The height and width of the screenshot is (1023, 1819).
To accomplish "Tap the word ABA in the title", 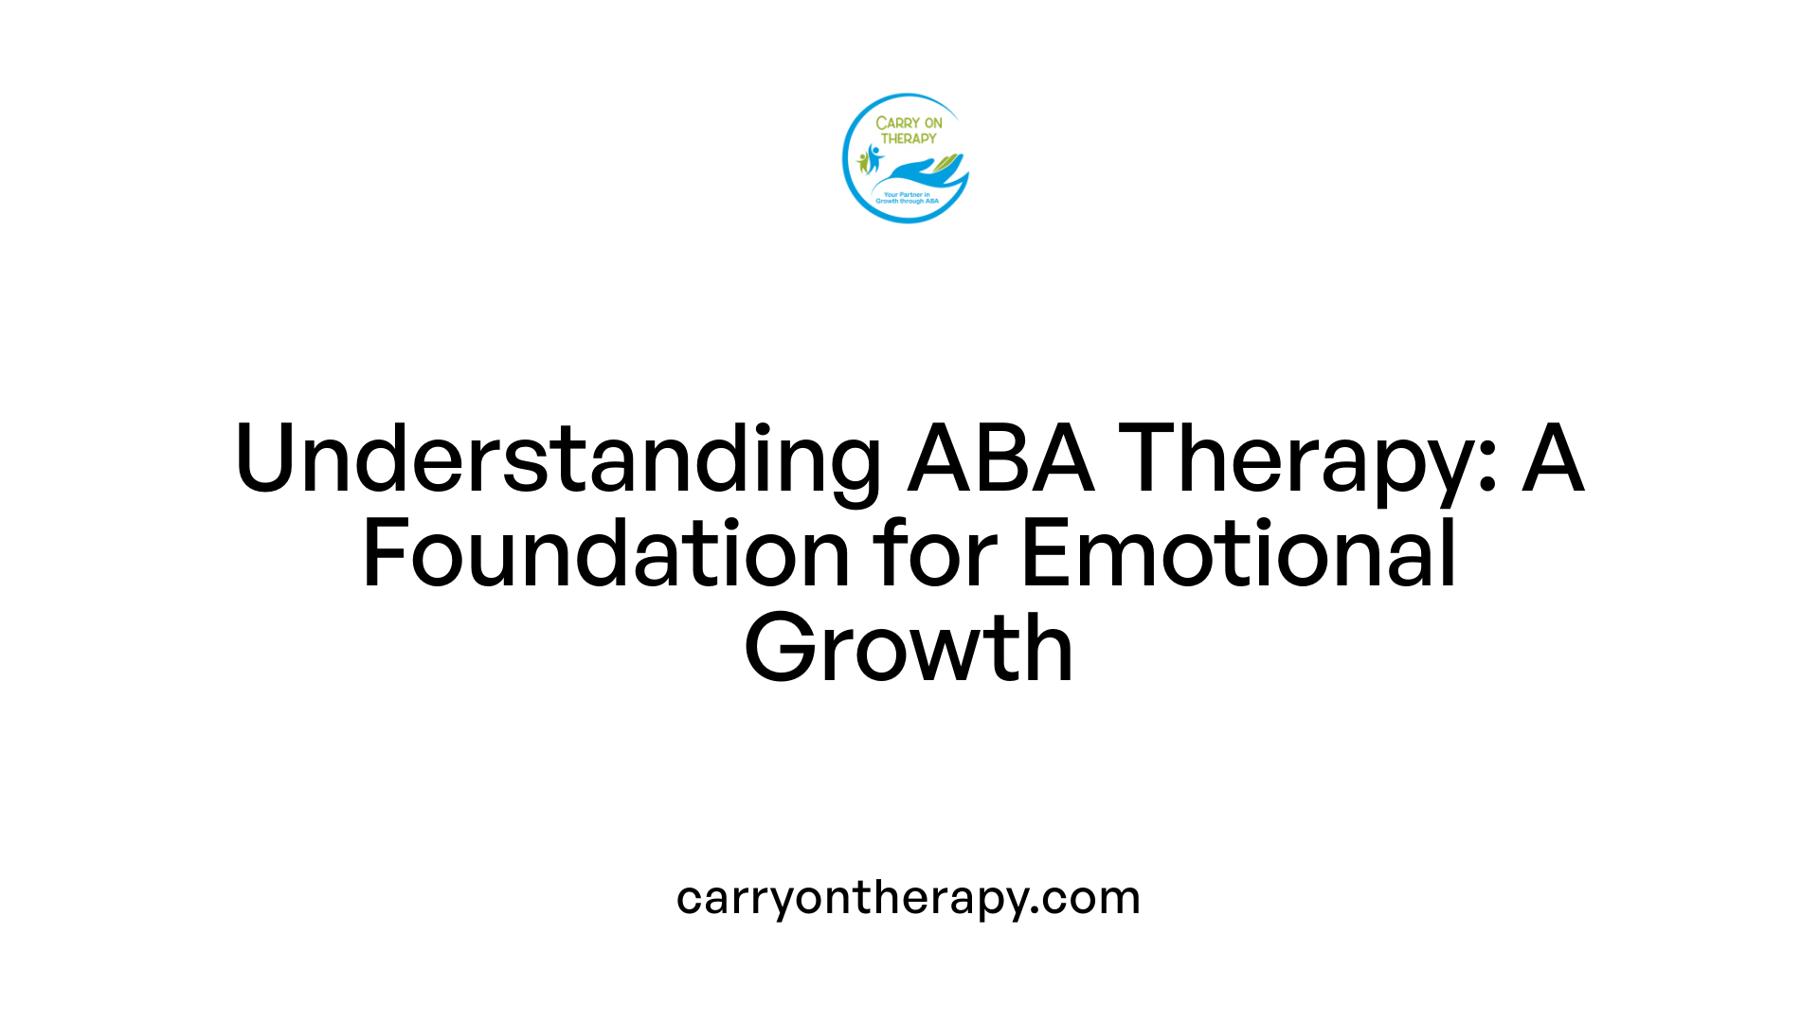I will [1000, 459].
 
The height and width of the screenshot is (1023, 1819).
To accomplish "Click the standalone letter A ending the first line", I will [1553, 459].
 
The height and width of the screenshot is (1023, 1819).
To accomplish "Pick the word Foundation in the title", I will [606, 554].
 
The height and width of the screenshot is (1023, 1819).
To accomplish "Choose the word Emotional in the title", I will [1238, 554].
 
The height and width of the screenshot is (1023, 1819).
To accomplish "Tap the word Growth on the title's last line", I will [909, 649].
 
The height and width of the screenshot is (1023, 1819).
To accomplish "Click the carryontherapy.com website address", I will [909, 897].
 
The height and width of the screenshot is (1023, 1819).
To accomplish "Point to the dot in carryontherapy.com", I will [1036, 910].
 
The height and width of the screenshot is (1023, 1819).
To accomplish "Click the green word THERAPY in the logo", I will [909, 138].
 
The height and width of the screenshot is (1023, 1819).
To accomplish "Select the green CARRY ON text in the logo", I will [909, 123].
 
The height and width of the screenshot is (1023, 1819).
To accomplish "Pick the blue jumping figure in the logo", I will [873, 157].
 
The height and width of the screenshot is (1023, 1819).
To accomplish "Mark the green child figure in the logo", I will [862, 162].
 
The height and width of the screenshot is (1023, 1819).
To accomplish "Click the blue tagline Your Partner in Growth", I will [907, 198].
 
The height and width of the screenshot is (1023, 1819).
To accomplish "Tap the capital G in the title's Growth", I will [779, 649].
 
